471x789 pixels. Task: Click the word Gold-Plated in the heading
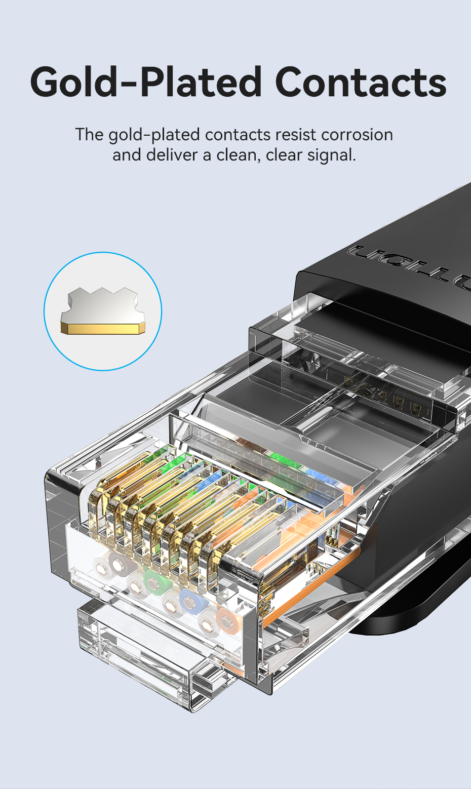(x=146, y=82)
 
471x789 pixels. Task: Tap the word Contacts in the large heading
(x=361, y=82)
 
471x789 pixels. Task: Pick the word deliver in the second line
(x=172, y=155)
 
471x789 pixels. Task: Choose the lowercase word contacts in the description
(x=238, y=135)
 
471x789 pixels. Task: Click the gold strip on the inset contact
(x=102, y=329)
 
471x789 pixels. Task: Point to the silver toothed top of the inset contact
(x=102, y=305)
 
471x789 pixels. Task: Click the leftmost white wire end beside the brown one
(x=102, y=568)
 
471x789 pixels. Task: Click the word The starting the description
(x=90, y=135)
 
